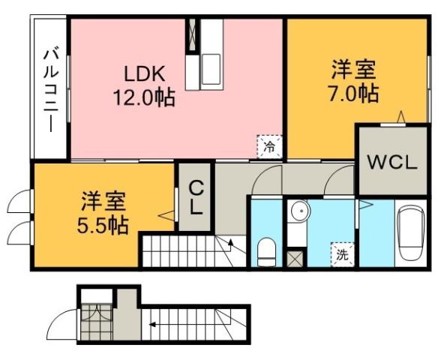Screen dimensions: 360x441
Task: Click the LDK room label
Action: pos(144,75)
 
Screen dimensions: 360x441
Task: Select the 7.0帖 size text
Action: pos(355,94)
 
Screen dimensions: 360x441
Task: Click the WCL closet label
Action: pos(391,163)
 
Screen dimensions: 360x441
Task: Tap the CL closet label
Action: pos(195,197)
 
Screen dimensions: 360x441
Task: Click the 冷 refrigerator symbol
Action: pos(268,145)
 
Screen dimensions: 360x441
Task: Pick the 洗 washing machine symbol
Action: pos(342,253)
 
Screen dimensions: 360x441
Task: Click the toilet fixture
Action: pos(265,250)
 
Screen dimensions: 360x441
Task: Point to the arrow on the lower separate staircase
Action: pos(152,325)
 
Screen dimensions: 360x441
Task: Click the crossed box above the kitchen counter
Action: pos(193,34)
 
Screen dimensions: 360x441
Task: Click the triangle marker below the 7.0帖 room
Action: pos(401,116)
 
